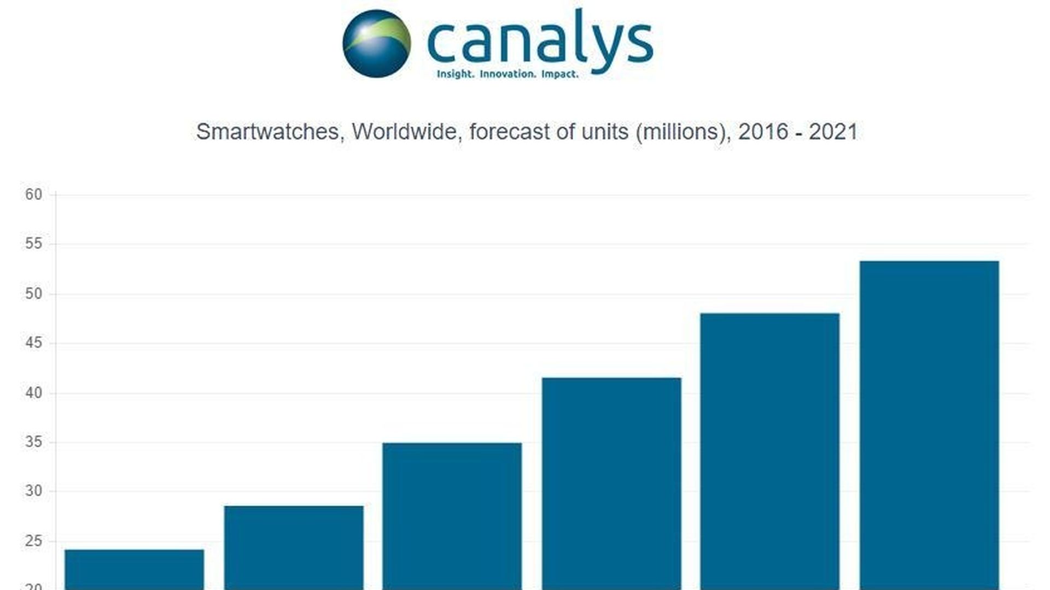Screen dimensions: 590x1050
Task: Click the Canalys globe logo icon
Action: click(376, 43)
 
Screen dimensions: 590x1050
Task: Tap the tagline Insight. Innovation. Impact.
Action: click(507, 74)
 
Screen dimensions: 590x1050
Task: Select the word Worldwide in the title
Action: click(404, 132)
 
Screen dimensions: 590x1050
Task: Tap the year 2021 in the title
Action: click(833, 132)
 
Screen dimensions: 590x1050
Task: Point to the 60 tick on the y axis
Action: click(33, 194)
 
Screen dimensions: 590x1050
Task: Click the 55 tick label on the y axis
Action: click(33, 244)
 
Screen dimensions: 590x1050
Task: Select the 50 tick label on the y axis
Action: click(33, 294)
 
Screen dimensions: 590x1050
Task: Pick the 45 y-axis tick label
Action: click(33, 343)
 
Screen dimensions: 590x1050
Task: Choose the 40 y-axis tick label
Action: click(33, 393)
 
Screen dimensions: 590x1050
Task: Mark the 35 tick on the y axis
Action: click(33, 442)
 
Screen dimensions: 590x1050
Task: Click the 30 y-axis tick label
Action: click(33, 491)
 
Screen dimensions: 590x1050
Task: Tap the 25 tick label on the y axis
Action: click(33, 541)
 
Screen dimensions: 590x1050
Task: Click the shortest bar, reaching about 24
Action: click(135, 569)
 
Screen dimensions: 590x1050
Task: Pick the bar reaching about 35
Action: click(452, 516)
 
